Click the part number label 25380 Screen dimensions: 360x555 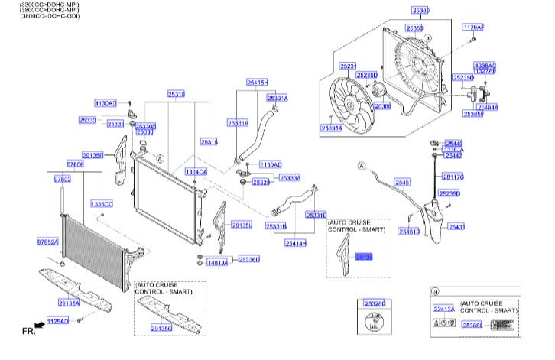click(420, 11)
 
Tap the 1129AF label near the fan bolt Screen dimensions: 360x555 click(473, 27)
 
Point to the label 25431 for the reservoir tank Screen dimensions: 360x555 click(456, 227)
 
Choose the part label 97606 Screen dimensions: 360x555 click(74, 164)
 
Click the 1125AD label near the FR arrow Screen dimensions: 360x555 click(58, 320)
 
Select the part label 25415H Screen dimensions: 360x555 click(257, 82)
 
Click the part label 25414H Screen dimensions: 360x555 click(295, 243)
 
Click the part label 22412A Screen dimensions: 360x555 click(443, 309)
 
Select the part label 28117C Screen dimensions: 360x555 click(453, 177)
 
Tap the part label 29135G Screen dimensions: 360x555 click(161, 328)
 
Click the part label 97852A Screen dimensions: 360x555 click(47, 242)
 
